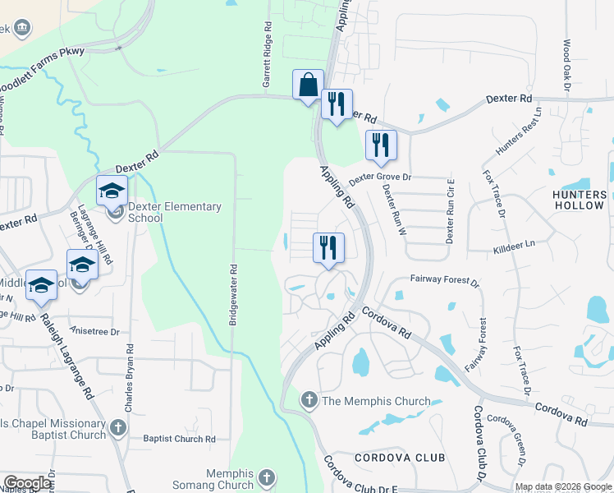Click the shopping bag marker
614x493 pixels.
tap(308, 85)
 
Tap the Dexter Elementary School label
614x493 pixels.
tap(175, 212)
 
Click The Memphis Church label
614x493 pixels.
tap(376, 401)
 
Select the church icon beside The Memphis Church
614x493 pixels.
tap(309, 401)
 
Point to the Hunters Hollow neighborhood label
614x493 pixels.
tap(580, 200)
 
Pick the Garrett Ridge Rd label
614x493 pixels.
tap(267, 62)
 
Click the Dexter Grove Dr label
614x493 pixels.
tap(379, 177)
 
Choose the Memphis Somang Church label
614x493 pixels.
tap(218, 480)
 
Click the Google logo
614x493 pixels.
tap(27, 483)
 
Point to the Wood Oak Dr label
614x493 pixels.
tap(566, 63)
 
